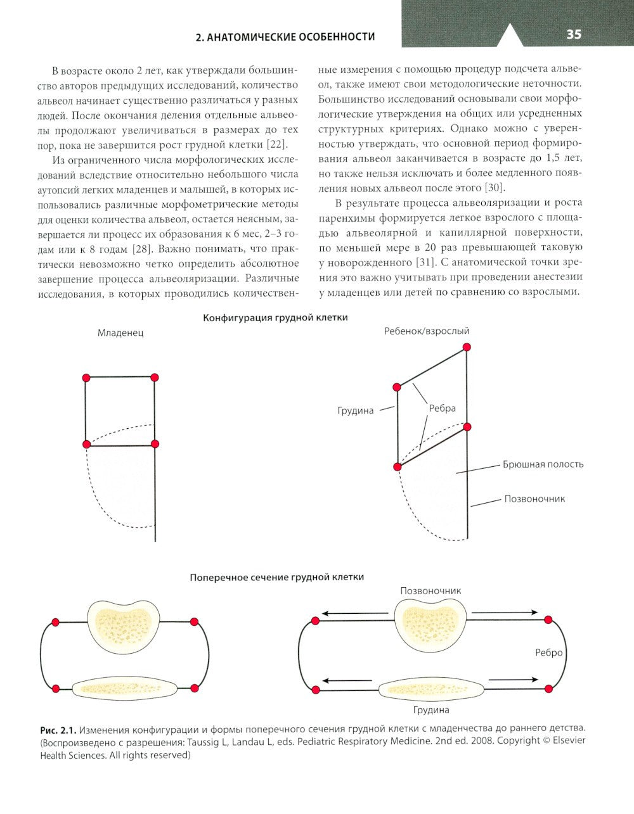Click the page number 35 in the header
pyautogui.click(x=573, y=34)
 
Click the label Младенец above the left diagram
pyautogui.click(x=120, y=333)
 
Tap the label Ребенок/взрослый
pyautogui.click(x=427, y=331)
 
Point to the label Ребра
pyautogui.click(x=442, y=409)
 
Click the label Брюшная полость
pyautogui.click(x=543, y=464)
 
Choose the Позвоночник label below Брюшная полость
pyautogui.click(x=534, y=499)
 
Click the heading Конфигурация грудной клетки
pyautogui.click(x=275, y=317)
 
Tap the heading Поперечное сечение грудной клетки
pyautogui.click(x=277, y=577)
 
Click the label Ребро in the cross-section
pyautogui.click(x=548, y=652)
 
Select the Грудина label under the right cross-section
pyautogui.click(x=431, y=709)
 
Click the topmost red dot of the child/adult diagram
pyautogui.click(x=467, y=347)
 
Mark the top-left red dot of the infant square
pyautogui.click(x=86, y=378)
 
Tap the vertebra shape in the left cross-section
pyautogui.click(x=122, y=626)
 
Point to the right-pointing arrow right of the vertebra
pyautogui.click(x=505, y=613)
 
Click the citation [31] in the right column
pyautogui.click(x=409, y=262)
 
